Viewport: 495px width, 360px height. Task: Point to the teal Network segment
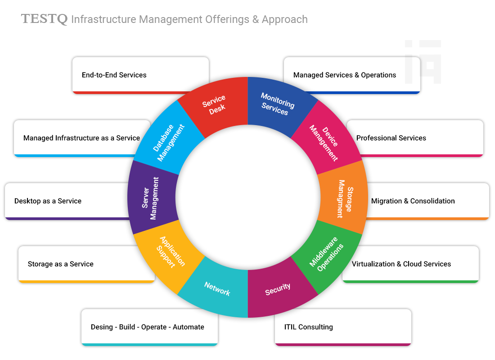click(x=217, y=288)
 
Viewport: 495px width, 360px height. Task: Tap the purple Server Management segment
click(x=150, y=198)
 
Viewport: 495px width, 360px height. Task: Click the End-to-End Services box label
click(x=114, y=75)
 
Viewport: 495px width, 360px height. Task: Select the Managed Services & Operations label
click(x=345, y=75)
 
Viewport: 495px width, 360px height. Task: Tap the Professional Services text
click(x=391, y=138)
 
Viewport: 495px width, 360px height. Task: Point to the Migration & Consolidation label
click(x=413, y=201)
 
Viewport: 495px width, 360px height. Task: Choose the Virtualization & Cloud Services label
click(x=401, y=264)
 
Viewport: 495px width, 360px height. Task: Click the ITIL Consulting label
click(x=309, y=327)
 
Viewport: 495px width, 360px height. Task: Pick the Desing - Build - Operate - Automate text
click(x=147, y=327)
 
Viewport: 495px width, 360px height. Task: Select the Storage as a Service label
click(x=61, y=264)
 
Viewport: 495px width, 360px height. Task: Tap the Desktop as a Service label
click(x=48, y=201)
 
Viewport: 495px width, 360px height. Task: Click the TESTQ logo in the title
click(x=44, y=19)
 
